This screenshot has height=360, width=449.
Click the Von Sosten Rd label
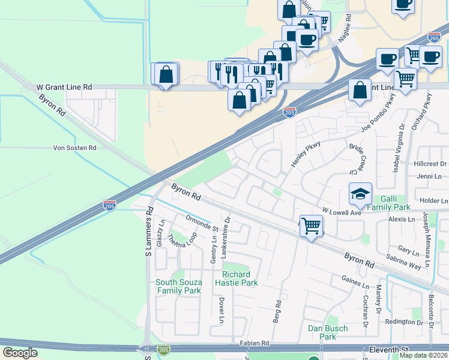(x=75, y=148)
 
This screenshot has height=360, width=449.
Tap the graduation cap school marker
(x=360, y=194)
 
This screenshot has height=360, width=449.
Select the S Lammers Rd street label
(x=150, y=235)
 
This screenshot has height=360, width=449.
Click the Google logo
(x=20, y=353)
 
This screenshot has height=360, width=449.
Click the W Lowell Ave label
(x=342, y=212)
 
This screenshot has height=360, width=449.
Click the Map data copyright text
(x=423, y=355)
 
